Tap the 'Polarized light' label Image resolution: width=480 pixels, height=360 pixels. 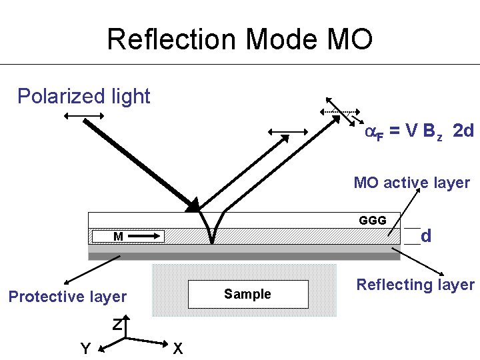[x=84, y=97]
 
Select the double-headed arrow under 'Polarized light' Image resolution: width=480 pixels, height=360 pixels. [x=85, y=117]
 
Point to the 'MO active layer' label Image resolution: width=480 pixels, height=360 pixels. [x=411, y=183]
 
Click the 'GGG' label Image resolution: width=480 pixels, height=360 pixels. [x=372, y=221]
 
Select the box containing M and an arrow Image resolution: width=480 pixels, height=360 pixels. [x=127, y=236]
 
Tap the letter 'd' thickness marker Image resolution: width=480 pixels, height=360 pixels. [x=426, y=235]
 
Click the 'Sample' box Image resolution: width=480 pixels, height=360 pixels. [x=248, y=294]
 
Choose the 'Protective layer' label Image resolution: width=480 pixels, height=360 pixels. [x=67, y=297]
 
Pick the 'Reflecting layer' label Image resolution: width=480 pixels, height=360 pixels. [x=415, y=285]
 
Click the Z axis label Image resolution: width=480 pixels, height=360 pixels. [x=117, y=325]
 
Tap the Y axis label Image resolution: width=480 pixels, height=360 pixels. [x=85, y=348]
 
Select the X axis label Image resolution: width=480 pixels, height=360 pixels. [x=177, y=348]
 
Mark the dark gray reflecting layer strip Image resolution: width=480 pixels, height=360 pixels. [x=243, y=256]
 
